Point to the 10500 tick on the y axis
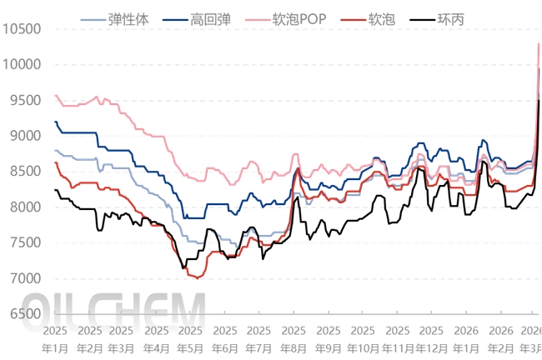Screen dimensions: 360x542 click(x=22, y=29)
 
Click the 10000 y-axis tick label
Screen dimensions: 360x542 click(x=22, y=64)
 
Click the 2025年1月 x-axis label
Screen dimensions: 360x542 click(x=55, y=338)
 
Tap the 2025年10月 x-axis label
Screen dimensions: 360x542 click(x=363, y=338)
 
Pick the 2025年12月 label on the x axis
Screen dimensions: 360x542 click(x=431, y=338)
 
